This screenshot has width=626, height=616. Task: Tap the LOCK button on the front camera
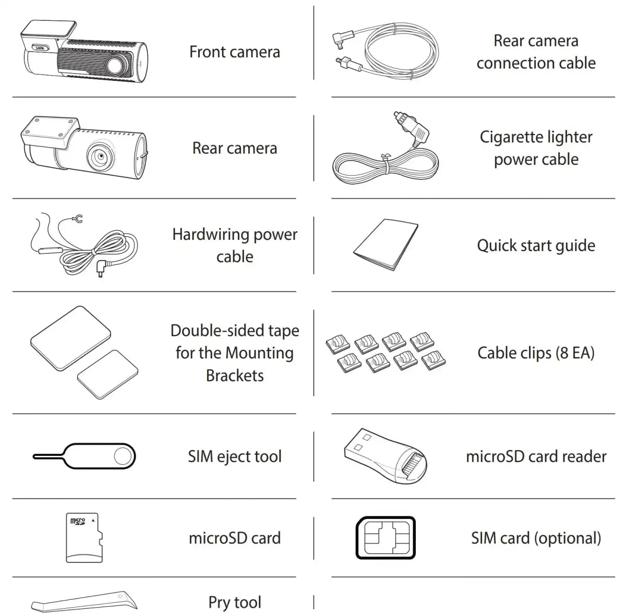40,48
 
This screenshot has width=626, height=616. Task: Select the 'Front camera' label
235,52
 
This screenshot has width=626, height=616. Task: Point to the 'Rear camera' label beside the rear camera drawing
235,148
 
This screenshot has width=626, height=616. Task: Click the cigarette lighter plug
411,129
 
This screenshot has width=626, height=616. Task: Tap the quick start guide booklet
386,244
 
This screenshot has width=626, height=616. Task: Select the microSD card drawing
84,538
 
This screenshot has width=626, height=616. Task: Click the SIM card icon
386,538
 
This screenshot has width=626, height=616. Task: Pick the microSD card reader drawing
386,456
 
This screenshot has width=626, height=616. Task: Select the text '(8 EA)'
575,353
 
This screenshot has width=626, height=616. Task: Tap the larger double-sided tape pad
70,338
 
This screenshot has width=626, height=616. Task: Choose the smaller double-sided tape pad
107,375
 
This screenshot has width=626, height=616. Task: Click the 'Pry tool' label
235,602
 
